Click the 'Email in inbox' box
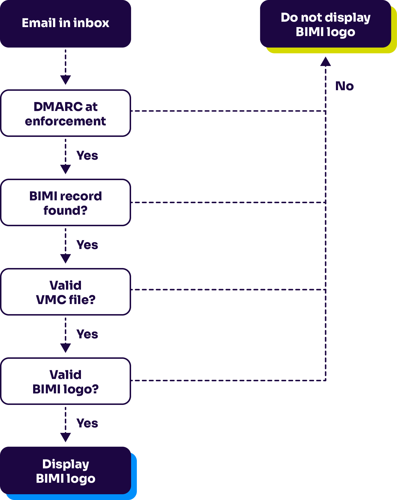tap(65, 24)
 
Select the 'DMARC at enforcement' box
tap(65, 113)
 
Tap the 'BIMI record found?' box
tap(65, 203)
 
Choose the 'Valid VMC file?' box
tap(65, 292)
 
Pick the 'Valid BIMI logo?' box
tap(65, 381)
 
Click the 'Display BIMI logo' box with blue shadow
tap(65, 471)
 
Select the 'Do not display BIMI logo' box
tap(326, 24)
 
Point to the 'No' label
tap(345, 86)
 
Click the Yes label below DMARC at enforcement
tap(87, 156)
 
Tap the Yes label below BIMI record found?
tap(87, 245)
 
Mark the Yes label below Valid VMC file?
tap(87, 334)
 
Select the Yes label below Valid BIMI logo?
tap(87, 423)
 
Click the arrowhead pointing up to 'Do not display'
tap(326, 62)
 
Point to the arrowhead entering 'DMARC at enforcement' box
tap(65, 80)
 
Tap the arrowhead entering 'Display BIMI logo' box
tap(65, 437)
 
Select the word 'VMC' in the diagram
tap(51, 300)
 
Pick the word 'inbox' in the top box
tap(91, 23)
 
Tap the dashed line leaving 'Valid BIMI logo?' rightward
tap(228, 380)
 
